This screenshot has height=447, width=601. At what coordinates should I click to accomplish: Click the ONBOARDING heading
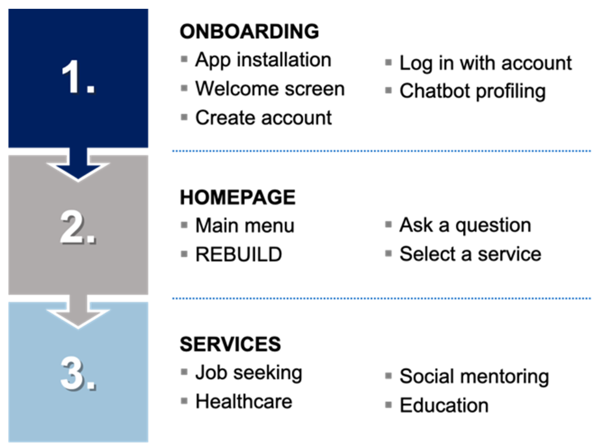[x=249, y=31]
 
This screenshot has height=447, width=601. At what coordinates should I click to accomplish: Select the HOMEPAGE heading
[x=238, y=197]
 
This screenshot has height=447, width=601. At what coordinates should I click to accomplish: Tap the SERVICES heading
[x=230, y=344]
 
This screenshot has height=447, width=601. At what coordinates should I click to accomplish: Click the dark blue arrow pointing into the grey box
[x=78, y=164]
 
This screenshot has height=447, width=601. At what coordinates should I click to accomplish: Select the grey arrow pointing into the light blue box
[x=78, y=311]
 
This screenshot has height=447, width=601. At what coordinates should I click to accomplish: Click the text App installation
[x=263, y=60]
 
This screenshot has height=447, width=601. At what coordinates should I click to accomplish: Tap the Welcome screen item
[x=270, y=89]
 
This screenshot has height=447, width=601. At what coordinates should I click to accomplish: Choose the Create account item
[x=263, y=118]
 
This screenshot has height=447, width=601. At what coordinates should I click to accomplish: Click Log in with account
[x=485, y=64]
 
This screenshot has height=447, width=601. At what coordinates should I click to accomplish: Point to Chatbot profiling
[x=473, y=92]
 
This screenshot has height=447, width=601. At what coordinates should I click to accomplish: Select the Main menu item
[x=245, y=226]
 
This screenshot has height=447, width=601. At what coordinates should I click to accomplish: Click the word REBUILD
[x=239, y=254]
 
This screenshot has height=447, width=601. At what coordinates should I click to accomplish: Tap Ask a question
[x=465, y=226]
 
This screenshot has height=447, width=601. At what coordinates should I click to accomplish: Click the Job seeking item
[x=249, y=373]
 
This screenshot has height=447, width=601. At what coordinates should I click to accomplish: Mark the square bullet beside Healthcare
[x=184, y=401]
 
